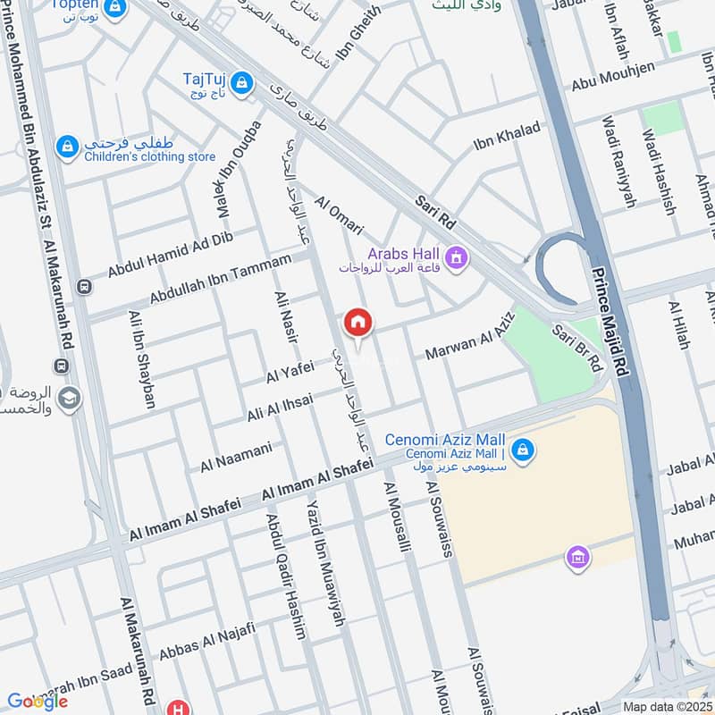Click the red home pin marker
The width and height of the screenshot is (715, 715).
click(x=357, y=324)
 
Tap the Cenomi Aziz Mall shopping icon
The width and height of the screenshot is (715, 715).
click(x=524, y=449)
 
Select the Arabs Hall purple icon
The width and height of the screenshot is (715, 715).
click(x=457, y=259)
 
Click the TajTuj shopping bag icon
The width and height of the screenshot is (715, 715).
click(x=240, y=84)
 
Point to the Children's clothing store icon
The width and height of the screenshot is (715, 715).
click(x=67, y=147)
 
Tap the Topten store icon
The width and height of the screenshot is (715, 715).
click(x=114, y=8)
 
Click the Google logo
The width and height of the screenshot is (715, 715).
click(x=37, y=700)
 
